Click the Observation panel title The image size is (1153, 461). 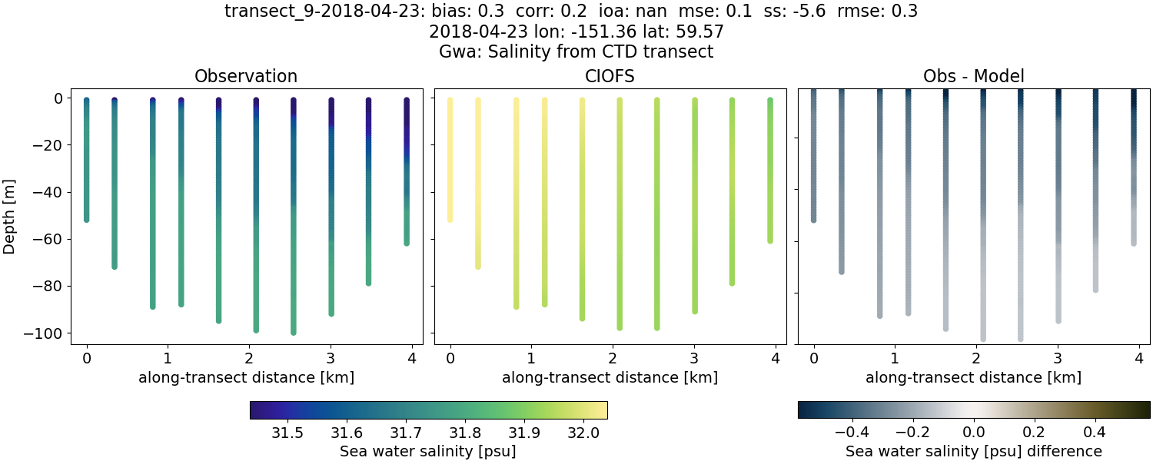click(x=246, y=76)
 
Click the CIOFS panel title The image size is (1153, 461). click(x=610, y=76)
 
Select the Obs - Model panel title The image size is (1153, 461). click(x=973, y=76)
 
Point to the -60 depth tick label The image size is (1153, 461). click(x=51, y=240)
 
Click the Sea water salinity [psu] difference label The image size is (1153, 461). click(x=973, y=451)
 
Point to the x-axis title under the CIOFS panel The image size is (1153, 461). click(x=610, y=377)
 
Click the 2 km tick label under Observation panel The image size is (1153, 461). click(x=249, y=357)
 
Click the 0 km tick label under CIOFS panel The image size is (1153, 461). click(x=450, y=357)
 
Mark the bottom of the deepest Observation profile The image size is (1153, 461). click(x=294, y=332)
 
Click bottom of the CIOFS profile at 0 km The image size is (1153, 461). click(x=450, y=220)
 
